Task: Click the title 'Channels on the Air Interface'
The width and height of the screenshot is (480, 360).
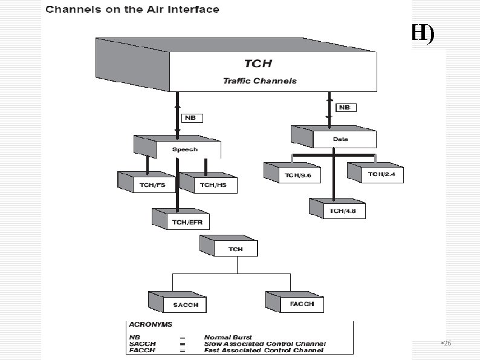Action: [132, 10]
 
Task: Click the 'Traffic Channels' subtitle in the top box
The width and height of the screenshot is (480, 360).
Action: [260, 80]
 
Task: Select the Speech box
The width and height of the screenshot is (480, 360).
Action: [184, 149]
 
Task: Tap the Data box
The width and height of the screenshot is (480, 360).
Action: [340, 139]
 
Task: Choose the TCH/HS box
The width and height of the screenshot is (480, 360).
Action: [213, 185]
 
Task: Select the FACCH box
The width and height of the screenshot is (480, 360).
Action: [301, 304]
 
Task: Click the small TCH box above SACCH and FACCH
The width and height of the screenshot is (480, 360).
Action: [235, 249]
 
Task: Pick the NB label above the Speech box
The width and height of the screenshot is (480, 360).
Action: [190, 118]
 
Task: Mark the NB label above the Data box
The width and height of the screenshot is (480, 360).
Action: [345, 107]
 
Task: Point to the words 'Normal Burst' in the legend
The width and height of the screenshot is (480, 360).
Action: [228, 336]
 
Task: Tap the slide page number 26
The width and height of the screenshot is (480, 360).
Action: [447, 343]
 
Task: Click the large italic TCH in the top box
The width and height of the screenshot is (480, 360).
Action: [258, 63]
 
